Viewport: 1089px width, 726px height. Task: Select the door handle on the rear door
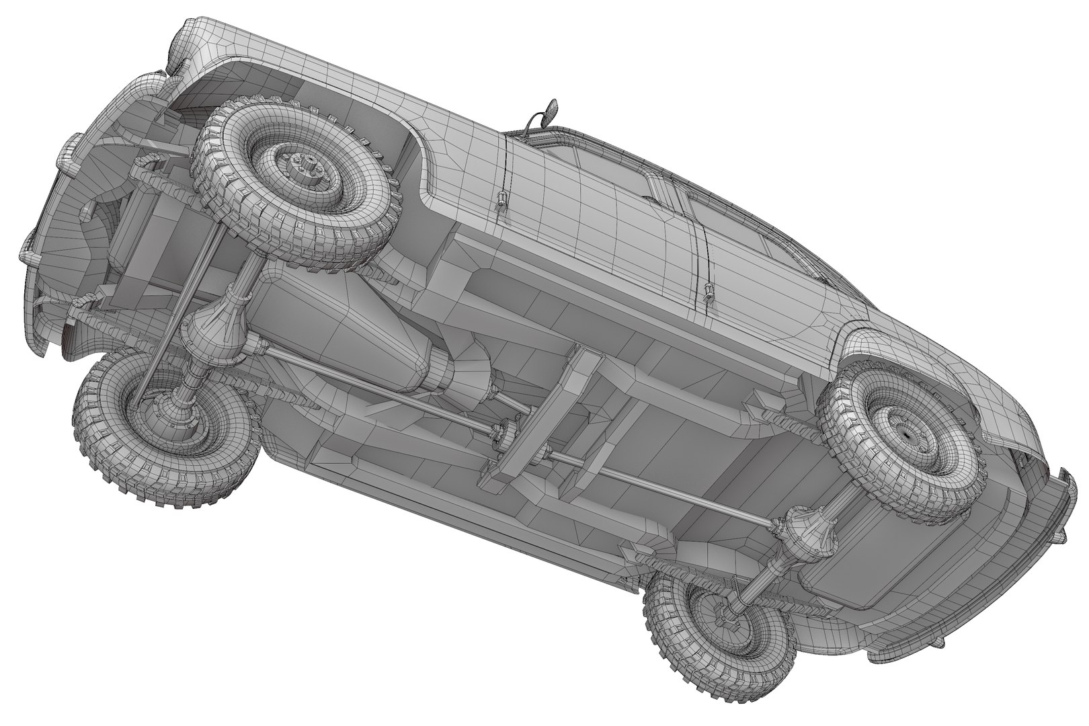(708, 291)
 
